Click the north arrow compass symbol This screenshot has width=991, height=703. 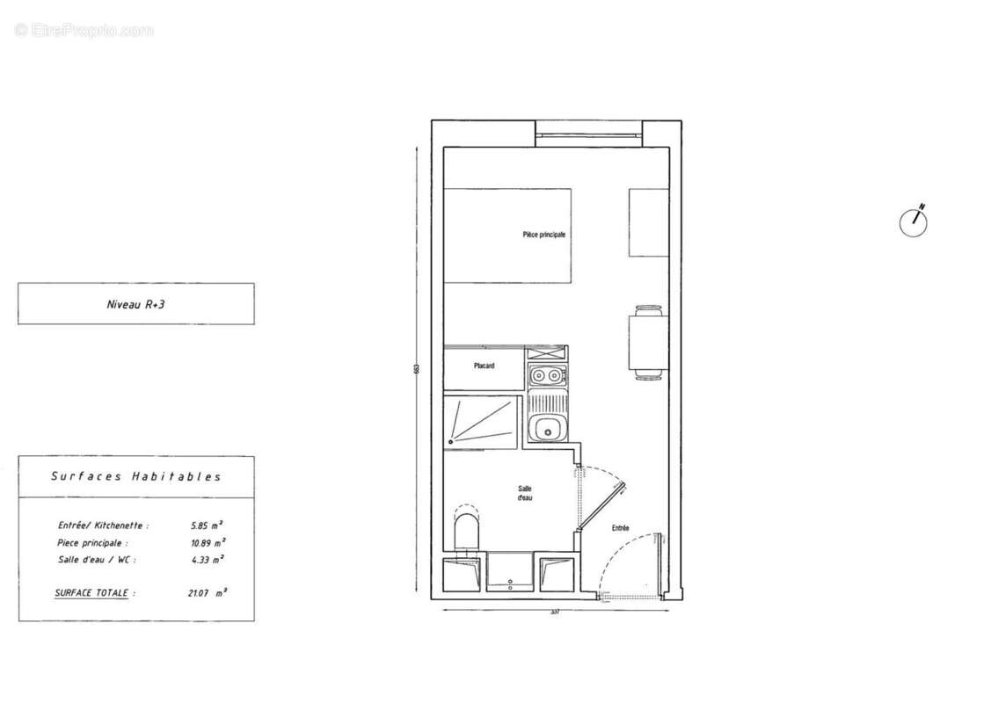(x=914, y=221)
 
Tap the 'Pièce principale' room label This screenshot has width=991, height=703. (x=543, y=236)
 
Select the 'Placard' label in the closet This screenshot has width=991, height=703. (x=483, y=366)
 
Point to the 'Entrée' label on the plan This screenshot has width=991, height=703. (x=621, y=528)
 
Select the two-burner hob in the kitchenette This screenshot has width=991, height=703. (x=547, y=377)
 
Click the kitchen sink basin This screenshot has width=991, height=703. (x=547, y=430)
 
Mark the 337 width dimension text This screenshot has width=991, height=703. (x=554, y=612)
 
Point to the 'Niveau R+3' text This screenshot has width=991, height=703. (x=136, y=304)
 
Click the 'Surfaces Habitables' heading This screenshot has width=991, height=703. (x=135, y=477)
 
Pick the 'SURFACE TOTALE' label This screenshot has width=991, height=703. (x=95, y=593)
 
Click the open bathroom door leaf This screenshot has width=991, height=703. (x=601, y=505)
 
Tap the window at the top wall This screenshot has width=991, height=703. (x=588, y=134)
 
